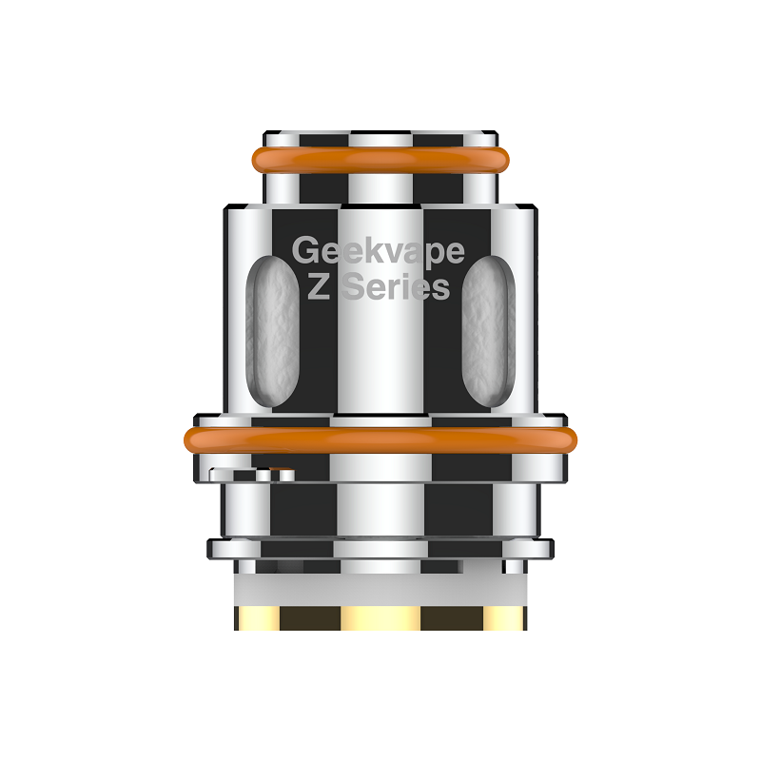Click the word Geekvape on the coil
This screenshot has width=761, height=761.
click(x=379, y=251)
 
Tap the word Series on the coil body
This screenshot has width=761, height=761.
click(x=396, y=286)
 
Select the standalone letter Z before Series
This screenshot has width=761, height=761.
click(x=321, y=286)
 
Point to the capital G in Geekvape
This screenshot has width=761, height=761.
click(x=304, y=250)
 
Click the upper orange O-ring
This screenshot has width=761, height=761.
click(x=380, y=159)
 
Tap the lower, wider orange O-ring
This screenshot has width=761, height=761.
click(x=380, y=439)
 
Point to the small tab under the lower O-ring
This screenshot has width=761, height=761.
click(x=252, y=474)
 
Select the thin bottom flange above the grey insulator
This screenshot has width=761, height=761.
click(x=380, y=548)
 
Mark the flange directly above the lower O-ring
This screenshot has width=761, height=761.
click(x=380, y=420)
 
